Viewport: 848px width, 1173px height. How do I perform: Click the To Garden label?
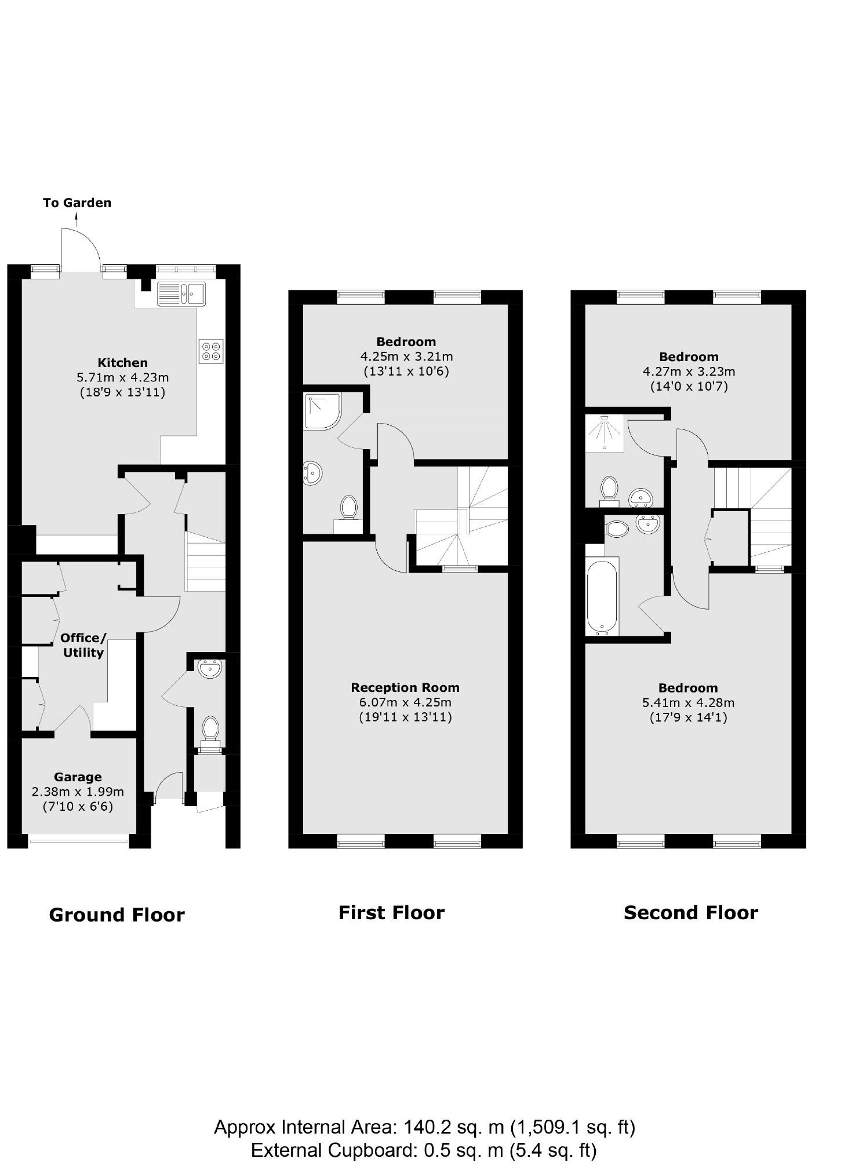point(77,203)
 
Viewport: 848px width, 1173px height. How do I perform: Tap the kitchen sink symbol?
point(181,293)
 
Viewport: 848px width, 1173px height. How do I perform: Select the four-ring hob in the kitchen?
point(211,351)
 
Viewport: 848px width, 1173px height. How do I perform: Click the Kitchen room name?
point(122,363)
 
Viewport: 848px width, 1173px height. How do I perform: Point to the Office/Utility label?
point(83,645)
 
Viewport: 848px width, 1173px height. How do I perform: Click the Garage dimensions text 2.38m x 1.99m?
point(78,792)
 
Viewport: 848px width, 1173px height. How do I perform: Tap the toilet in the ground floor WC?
point(210,729)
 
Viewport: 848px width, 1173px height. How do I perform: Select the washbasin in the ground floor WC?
point(209,669)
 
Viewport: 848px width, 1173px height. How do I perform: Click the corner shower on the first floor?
point(321,411)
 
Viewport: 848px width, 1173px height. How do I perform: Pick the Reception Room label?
point(405,688)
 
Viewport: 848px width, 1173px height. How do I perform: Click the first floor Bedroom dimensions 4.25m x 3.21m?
point(406,356)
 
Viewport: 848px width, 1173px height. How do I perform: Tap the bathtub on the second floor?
point(602,596)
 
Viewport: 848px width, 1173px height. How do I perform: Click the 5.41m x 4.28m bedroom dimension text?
point(688,703)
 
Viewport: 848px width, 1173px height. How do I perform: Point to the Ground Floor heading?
point(117,915)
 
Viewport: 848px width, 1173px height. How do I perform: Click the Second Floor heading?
point(690,913)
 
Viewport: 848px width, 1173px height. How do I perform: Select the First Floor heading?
point(391,913)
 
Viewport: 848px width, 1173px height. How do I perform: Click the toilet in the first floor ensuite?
point(348,507)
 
